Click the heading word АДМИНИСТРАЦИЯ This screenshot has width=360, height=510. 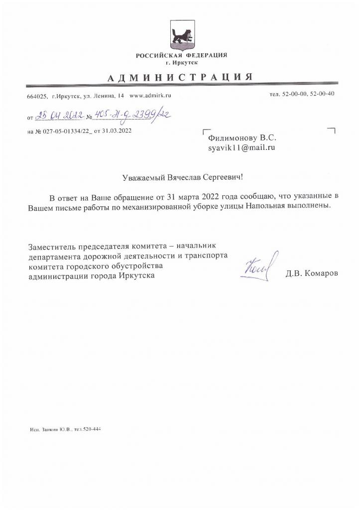[x=180, y=77]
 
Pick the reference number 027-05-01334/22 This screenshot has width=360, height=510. [x=65, y=131]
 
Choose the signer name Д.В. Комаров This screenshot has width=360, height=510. [x=311, y=273]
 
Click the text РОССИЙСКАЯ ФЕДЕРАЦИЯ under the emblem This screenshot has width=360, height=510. [x=181, y=55]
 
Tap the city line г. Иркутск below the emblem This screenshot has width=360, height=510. [x=181, y=63]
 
